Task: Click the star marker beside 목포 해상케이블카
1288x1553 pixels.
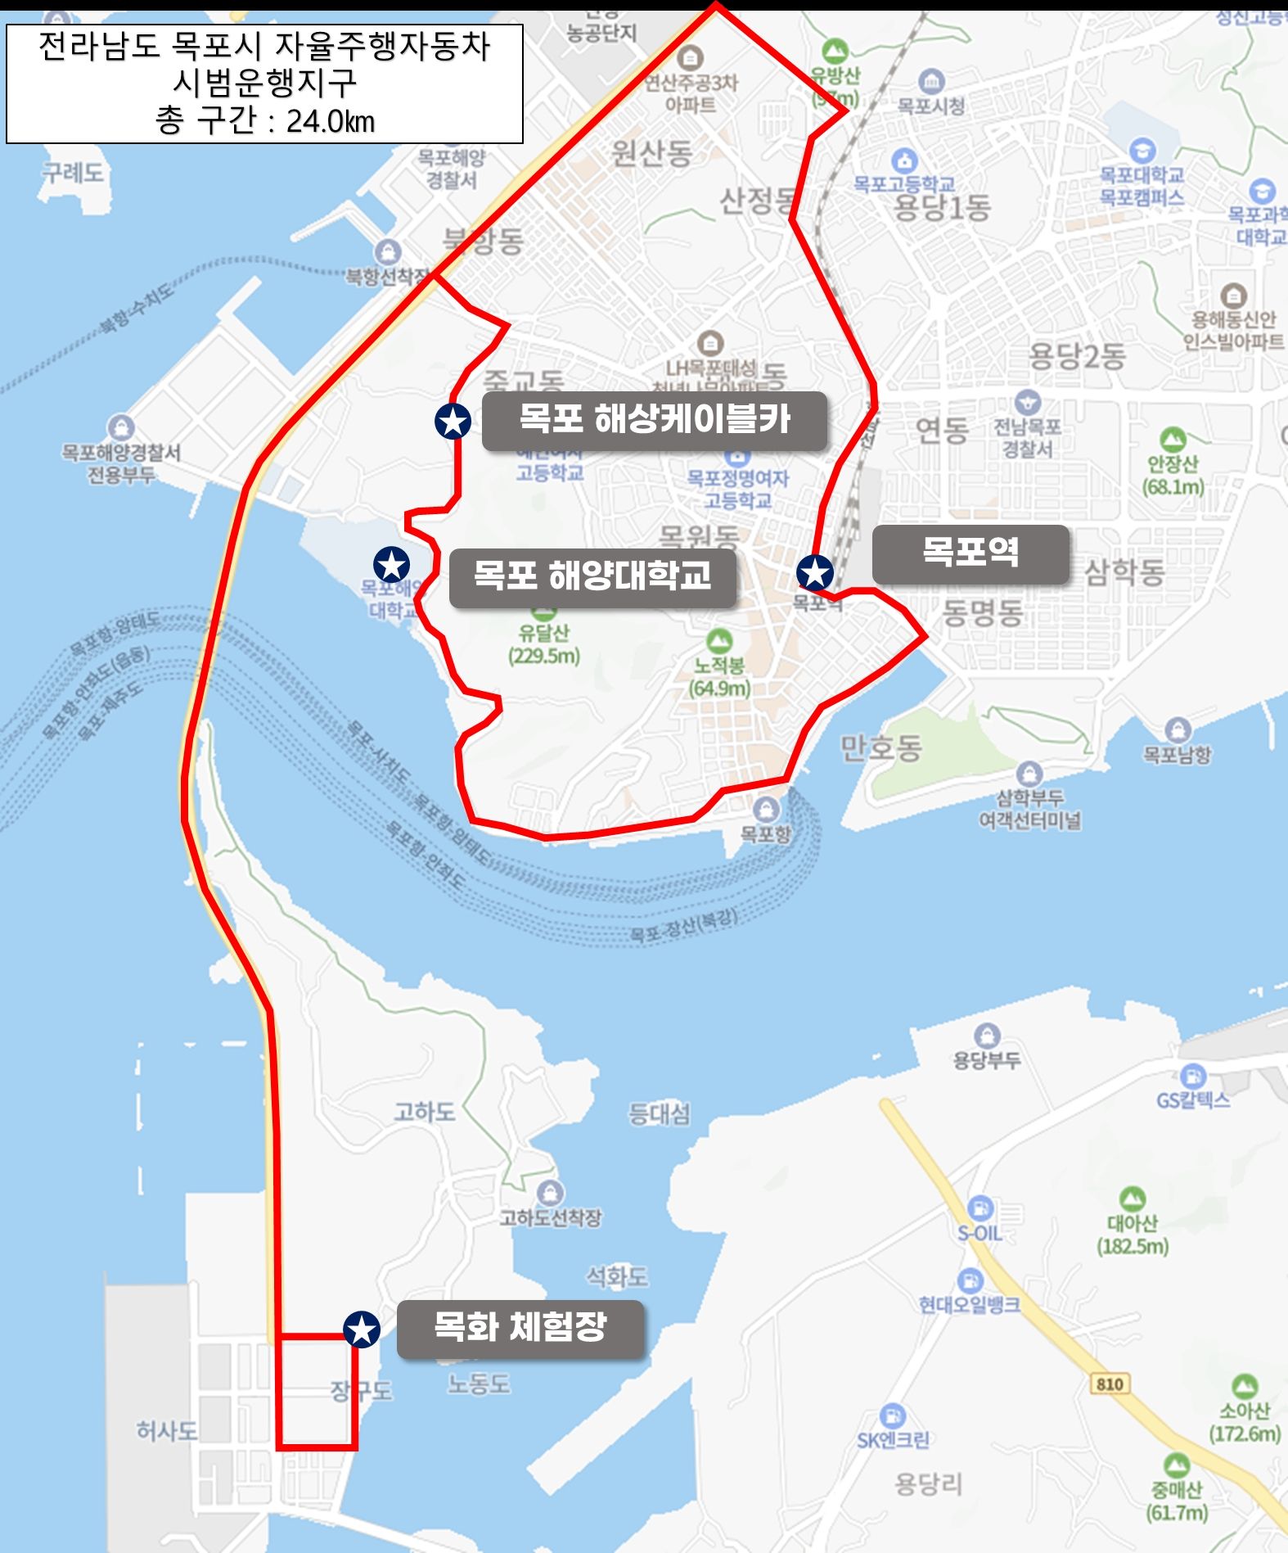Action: coord(453,421)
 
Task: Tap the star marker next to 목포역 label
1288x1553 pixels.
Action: coord(815,572)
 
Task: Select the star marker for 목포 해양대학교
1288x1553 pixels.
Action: coord(391,565)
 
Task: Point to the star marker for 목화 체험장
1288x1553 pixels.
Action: coord(362,1329)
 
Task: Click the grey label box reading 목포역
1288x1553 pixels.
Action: coord(971,553)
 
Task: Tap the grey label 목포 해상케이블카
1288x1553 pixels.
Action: coord(654,420)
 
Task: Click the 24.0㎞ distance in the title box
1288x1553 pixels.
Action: coord(330,121)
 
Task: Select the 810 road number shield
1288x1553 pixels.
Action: coord(1109,1384)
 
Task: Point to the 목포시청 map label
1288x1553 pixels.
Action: coord(931,106)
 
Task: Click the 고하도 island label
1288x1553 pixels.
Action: coord(424,1112)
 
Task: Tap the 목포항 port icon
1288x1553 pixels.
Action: coord(766,810)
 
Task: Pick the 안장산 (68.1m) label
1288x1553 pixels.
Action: coord(1173,475)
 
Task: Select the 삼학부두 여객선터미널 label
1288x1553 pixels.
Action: coord(1029,808)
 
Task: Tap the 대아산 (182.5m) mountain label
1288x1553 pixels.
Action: coord(1133,1235)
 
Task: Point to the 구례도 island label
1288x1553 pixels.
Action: coord(73,173)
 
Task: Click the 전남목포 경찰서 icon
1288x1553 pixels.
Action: coord(1028,403)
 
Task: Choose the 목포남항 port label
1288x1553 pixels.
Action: coord(1177,754)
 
